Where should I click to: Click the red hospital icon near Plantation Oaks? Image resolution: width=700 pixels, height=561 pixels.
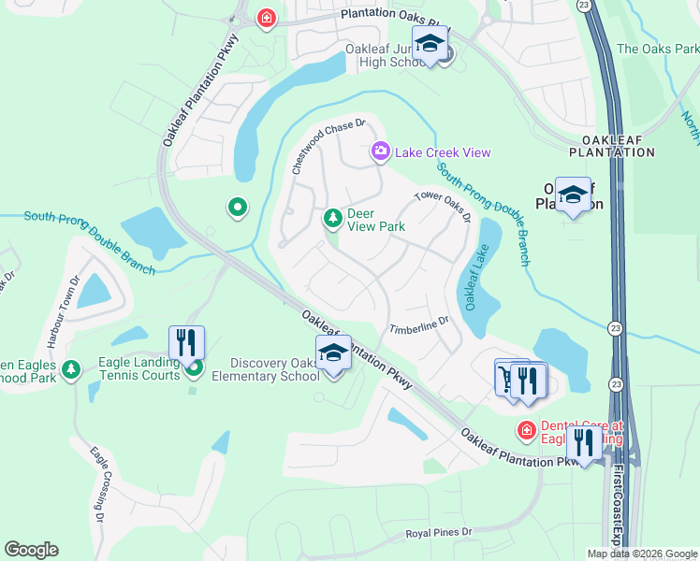(267, 19)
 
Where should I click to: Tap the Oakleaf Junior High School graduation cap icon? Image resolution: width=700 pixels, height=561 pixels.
(430, 45)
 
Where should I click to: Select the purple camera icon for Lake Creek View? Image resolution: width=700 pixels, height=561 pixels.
(380, 151)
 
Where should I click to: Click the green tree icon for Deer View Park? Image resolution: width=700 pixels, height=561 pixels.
(331, 219)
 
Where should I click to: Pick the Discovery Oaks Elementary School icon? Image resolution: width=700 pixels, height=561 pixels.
(333, 355)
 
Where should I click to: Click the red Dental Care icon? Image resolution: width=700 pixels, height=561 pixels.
(527, 429)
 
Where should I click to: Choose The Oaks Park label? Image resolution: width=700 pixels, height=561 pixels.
(657, 49)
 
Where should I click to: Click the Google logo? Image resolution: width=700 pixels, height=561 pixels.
(31, 550)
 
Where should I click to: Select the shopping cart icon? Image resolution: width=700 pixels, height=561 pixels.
(506, 378)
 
